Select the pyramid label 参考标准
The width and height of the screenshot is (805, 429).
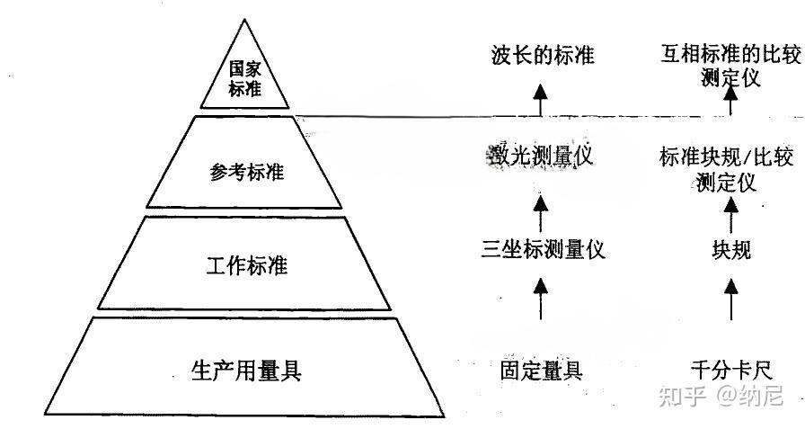[246, 171]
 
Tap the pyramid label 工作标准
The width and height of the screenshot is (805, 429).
[246, 266]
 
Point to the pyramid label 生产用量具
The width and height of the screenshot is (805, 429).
[246, 370]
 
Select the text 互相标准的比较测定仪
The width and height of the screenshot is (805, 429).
[725, 67]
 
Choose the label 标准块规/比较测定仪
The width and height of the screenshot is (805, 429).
[725, 169]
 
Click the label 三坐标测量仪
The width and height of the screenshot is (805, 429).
[543, 249]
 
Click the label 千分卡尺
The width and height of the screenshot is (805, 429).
[730, 370]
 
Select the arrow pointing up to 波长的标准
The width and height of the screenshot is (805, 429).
[541, 99]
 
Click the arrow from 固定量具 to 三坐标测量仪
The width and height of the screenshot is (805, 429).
[541, 299]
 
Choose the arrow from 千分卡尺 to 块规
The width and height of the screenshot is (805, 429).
[730, 299]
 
